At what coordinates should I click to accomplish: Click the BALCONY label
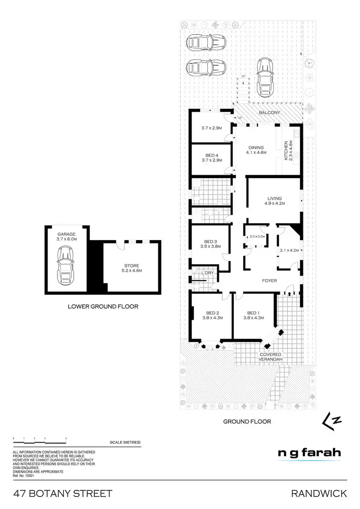tap(269, 112)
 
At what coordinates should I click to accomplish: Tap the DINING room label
tap(256, 148)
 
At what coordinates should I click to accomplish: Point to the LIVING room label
tap(275, 198)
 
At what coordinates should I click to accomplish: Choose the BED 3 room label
tap(210, 241)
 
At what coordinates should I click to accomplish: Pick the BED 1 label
tap(253, 312)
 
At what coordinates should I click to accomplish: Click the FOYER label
tap(269, 280)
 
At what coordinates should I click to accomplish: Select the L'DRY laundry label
tap(207, 273)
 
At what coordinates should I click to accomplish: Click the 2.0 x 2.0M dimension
tap(257, 237)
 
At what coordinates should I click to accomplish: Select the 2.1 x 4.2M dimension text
tap(289, 250)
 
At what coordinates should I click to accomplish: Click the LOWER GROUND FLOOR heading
tap(103, 306)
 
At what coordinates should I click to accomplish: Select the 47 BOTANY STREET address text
tap(63, 493)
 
